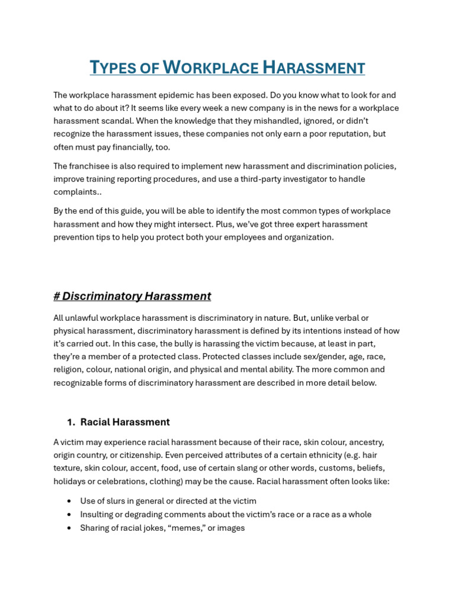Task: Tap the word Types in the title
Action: pos(113,67)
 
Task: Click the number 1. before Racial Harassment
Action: pos(71,422)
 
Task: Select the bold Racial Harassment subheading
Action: pos(125,422)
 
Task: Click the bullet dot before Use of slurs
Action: pos(70,501)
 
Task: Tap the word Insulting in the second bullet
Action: pos(98,514)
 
